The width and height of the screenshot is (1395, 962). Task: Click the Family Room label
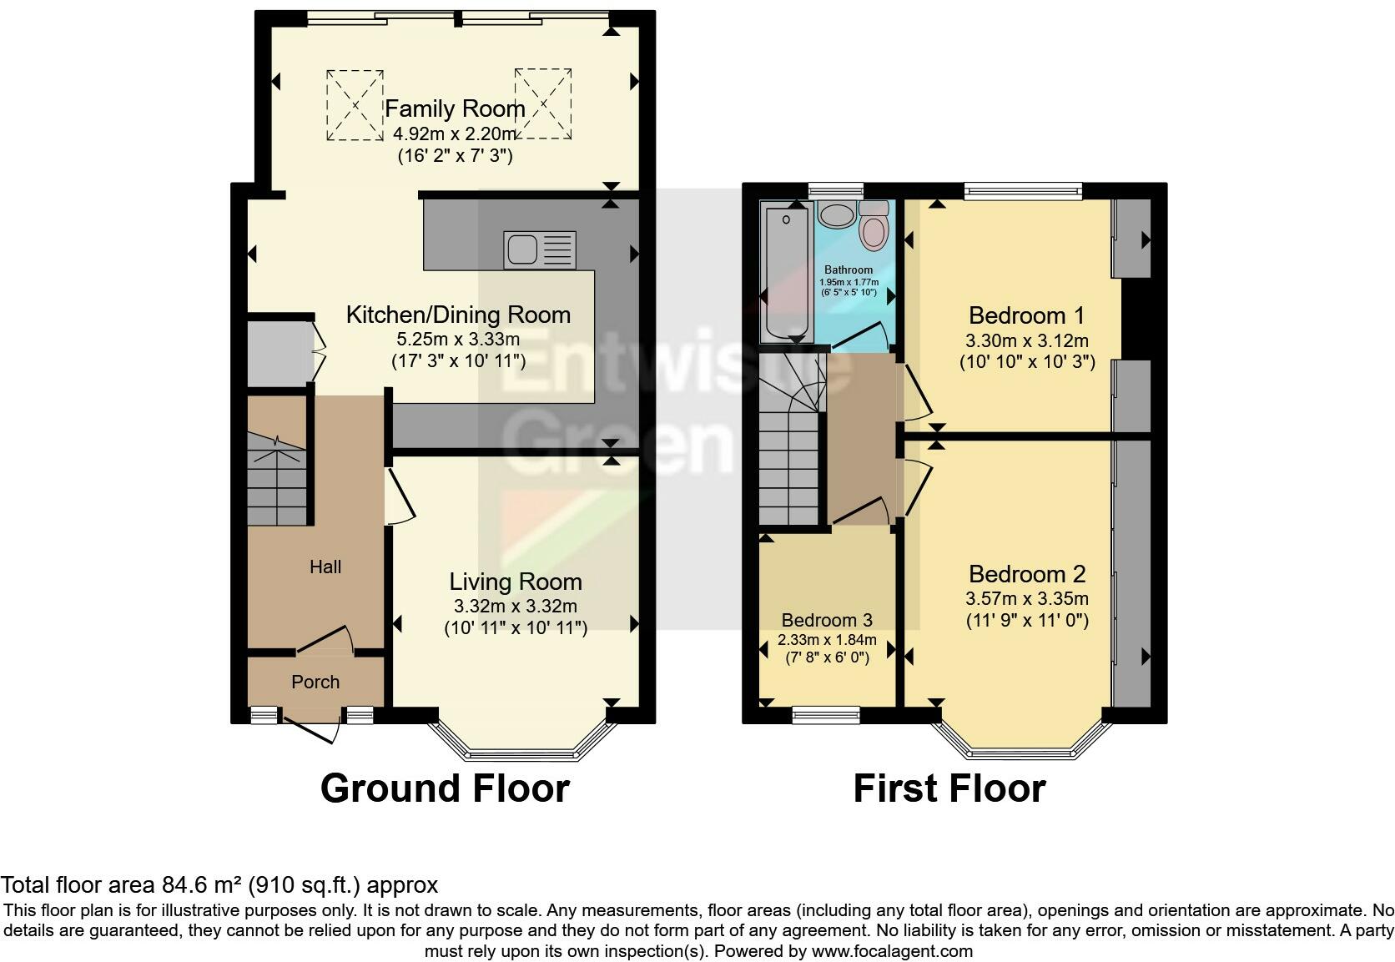[x=455, y=109]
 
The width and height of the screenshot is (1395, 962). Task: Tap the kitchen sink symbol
[x=540, y=250]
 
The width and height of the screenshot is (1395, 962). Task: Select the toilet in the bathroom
[x=874, y=225]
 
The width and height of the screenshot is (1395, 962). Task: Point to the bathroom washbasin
[x=836, y=214]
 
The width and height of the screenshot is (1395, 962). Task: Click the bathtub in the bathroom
[x=787, y=271]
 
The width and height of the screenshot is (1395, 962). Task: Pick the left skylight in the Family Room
[x=355, y=105]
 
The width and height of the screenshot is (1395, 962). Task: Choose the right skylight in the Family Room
[x=543, y=104]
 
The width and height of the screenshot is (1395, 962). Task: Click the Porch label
[x=315, y=682]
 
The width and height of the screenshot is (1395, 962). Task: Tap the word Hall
[x=325, y=567]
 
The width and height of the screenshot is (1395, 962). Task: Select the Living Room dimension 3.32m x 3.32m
[x=516, y=606]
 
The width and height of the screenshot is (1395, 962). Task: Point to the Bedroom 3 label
[x=827, y=620]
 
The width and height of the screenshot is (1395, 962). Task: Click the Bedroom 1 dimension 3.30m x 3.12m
[x=1027, y=340]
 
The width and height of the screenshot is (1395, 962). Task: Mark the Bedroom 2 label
[x=1027, y=573]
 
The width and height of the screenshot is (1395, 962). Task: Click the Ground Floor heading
[x=445, y=788]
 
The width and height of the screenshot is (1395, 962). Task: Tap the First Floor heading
[x=949, y=788]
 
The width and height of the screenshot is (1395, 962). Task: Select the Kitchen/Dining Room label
[x=458, y=315]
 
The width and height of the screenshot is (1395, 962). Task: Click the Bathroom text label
[x=849, y=269]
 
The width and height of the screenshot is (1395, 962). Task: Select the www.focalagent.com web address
[x=892, y=951]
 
